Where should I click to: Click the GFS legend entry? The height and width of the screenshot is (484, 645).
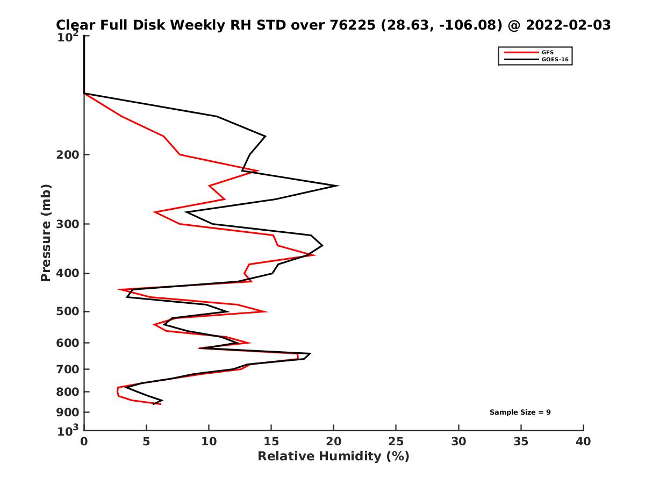point(548,52)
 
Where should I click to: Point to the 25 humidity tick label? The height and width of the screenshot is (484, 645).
point(396,442)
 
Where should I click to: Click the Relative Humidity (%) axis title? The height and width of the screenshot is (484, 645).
point(333,457)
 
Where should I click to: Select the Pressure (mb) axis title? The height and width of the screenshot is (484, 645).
point(46,233)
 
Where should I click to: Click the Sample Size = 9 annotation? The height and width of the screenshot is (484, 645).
point(520,412)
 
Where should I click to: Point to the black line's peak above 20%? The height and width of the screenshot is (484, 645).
point(337,186)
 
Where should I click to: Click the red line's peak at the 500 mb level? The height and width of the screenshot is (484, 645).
point(266,311)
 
